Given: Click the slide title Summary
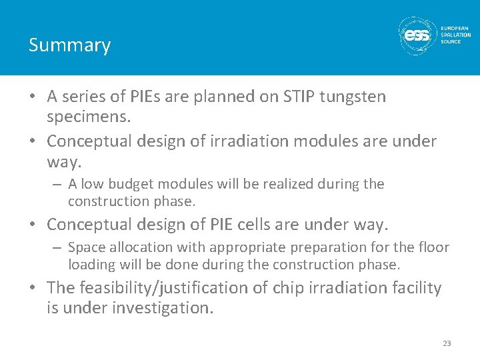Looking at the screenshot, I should point(69,45).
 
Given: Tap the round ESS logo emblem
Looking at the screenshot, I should point(417,35).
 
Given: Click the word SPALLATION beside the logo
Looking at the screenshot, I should point(455,35).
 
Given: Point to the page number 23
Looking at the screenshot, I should point(446,343).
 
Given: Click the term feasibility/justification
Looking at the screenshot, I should point(173,288).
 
